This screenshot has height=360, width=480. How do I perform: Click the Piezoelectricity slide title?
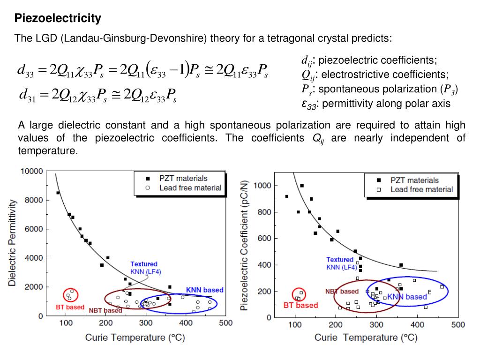(x=58, y=19)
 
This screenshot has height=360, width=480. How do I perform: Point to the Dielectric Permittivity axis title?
(x=12, y=243)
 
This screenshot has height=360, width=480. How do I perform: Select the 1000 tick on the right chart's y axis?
(x=262, y=186)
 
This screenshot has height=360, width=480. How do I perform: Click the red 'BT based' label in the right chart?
(x=300, y=305)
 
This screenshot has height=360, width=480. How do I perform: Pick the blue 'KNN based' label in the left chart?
(x=205, y=290)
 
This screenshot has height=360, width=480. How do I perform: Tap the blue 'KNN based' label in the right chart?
(x=406, y=297)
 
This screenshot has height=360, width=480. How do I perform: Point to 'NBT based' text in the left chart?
(x=105, y=310)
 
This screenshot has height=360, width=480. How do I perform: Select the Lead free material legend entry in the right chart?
(x=421, y=189)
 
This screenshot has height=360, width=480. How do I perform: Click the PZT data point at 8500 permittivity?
(x=58, y=193)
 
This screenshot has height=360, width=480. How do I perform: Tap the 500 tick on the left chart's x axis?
(x=226, y=323)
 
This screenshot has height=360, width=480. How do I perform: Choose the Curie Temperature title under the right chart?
(x=366, y=337)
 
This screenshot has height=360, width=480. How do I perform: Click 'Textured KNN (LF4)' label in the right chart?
(x=341, y=263)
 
